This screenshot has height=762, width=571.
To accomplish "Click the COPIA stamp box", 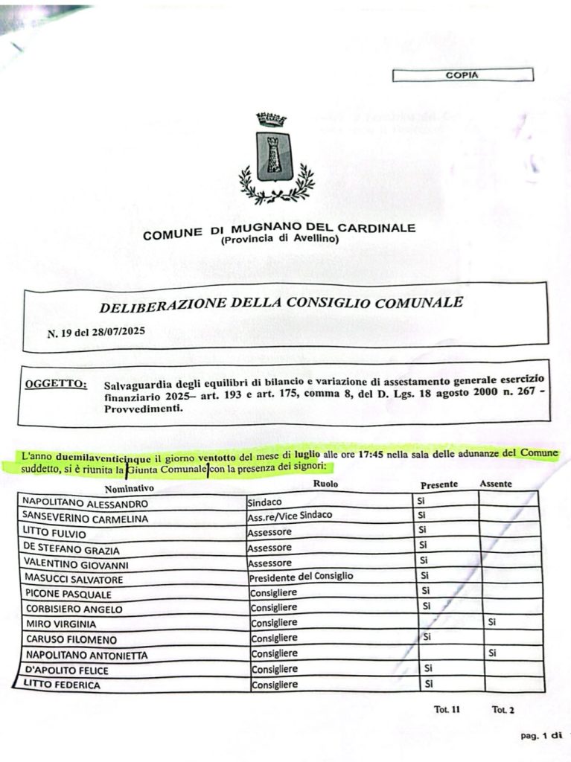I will (462, 75).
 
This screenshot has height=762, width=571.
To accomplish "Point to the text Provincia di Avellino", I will (279, 240).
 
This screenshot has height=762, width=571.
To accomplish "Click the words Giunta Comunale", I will (166, 467).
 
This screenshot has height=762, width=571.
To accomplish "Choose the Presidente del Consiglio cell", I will (302, 577).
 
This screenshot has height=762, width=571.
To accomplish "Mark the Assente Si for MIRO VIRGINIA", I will (491, 622).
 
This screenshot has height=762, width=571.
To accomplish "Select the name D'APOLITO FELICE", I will (66, 670).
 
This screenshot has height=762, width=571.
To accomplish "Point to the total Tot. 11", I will (447, 710).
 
